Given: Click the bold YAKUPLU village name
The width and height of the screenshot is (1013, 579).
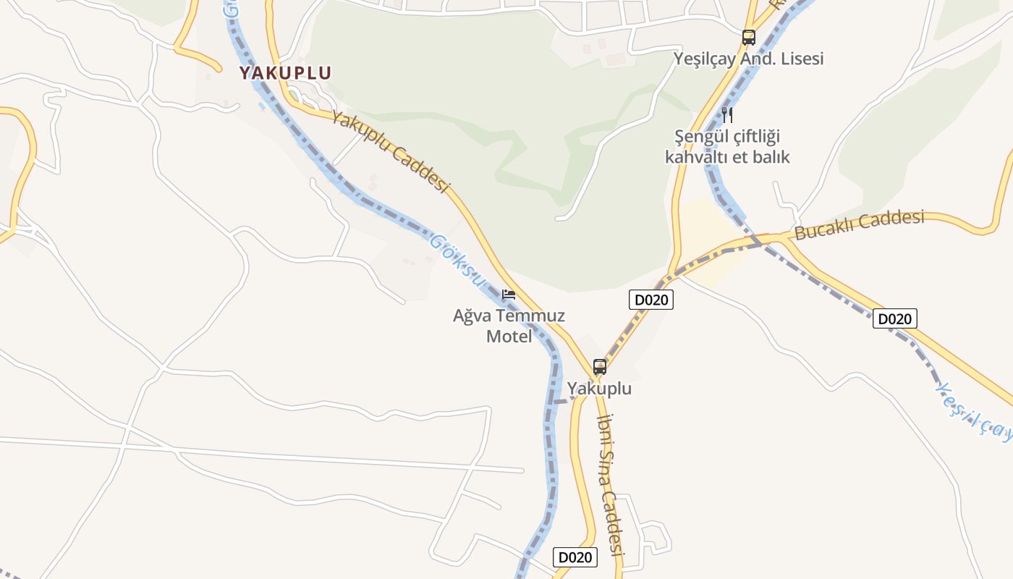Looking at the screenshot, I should (x=285, y=73).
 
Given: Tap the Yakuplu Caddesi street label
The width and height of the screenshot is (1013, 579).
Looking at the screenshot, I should (x=390, y=152).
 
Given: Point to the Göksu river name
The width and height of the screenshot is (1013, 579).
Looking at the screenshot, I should (x=456, y=256).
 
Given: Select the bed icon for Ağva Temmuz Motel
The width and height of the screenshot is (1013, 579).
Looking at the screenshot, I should (x=509, y=295).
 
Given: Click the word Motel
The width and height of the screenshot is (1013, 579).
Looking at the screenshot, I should (x=509, y=337).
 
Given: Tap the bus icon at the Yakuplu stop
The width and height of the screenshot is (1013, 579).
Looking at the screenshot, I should (x=599, y=366).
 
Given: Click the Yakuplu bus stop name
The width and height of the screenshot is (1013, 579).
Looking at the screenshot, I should (x=599, y=389).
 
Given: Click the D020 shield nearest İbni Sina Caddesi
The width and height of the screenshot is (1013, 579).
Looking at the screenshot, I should (x=575, y=557).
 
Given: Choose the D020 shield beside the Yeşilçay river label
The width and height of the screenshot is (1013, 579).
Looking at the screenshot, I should (x=894, y=318).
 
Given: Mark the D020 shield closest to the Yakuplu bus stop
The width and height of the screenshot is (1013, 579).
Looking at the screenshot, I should (x=650, y=300).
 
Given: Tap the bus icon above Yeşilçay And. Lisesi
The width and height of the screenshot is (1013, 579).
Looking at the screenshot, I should (x=748, y=37).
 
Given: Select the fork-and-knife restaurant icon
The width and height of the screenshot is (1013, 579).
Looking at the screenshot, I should (x=727, y=114).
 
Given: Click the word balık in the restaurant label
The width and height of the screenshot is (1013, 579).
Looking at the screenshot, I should (x=768, y=156).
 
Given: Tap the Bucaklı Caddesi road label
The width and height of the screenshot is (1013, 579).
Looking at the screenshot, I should (x=860, y=225).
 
